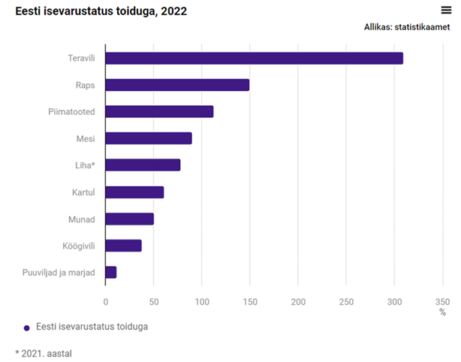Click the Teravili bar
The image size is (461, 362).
(x=254, y=59)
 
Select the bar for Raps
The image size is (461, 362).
(x=177, y=85)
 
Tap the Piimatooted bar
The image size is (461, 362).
(x=159, y=112)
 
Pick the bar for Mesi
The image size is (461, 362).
(x=149, y=138)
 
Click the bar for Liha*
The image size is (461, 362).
(x=143, y=165)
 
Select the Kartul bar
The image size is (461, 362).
(x=134, y=192)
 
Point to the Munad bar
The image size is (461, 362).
(x=129, y=219)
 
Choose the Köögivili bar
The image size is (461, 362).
(x=123, y=246)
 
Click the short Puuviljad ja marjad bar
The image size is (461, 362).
(x=111, y=272)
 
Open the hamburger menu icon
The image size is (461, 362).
(x=446, y=10)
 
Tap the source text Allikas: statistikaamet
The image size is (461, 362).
(x=406, y=27)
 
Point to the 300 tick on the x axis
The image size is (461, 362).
(x=395, y=301)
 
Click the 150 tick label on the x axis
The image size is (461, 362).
(x=250, y=301)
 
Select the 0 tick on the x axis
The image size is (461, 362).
(x=106, y=301)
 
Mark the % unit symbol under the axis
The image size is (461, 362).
(x=442, y=312)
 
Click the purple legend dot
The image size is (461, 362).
(x=27, y=327)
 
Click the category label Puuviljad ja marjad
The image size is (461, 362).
(x=59, y=273)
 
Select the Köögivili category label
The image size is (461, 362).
(x=79, y=246)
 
